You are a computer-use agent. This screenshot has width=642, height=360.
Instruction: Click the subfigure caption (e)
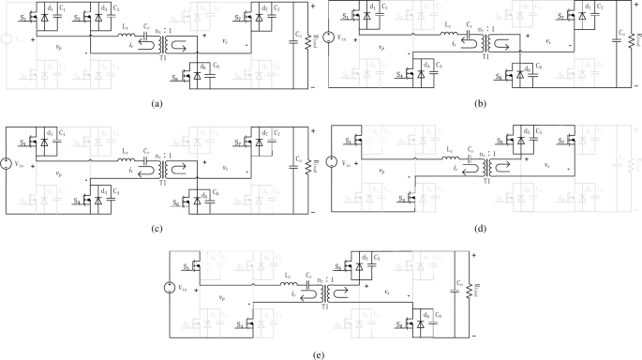coord(318,355)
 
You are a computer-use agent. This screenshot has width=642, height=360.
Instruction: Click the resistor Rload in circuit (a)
coord(308,42)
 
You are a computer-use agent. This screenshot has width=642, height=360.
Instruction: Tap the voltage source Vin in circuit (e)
coord(172,287)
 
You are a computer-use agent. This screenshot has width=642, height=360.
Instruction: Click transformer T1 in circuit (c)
coord(169,168)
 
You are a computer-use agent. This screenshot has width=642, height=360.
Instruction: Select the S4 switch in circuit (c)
coord(81,200)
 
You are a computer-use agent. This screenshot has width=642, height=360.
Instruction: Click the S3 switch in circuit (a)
coord(82,16)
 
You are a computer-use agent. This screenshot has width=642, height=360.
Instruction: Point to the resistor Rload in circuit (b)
coord(634,41)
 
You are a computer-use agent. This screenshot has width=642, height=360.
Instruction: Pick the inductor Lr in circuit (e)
coord(288,281)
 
